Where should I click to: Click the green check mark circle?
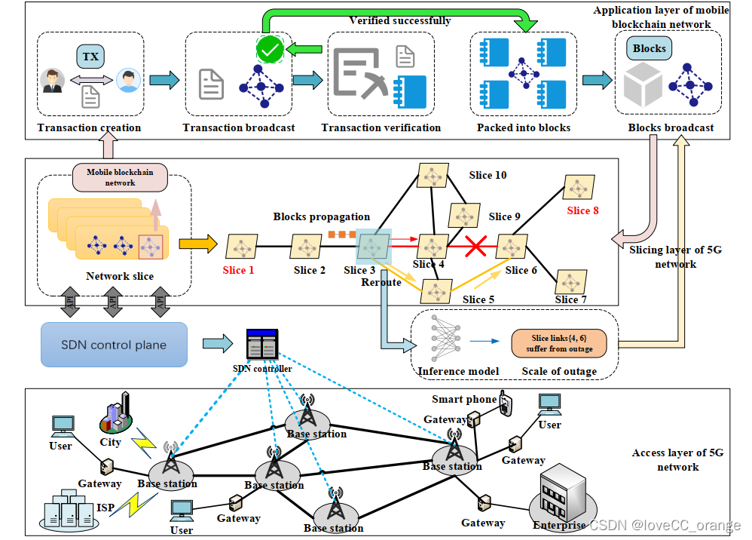point(269,51)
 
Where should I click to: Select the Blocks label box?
point(649,48)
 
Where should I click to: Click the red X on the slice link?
point(474,245)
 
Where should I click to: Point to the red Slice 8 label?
point(582,210)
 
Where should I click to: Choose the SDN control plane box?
point(114,345)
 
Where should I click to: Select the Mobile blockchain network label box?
point(120,177)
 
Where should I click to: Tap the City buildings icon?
point(115,413)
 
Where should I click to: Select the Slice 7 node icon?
point(569,281)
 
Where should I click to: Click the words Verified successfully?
point(399,20)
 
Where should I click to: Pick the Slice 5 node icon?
point(436,290)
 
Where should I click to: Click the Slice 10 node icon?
point(433,175)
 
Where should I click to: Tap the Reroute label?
point(381,281)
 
